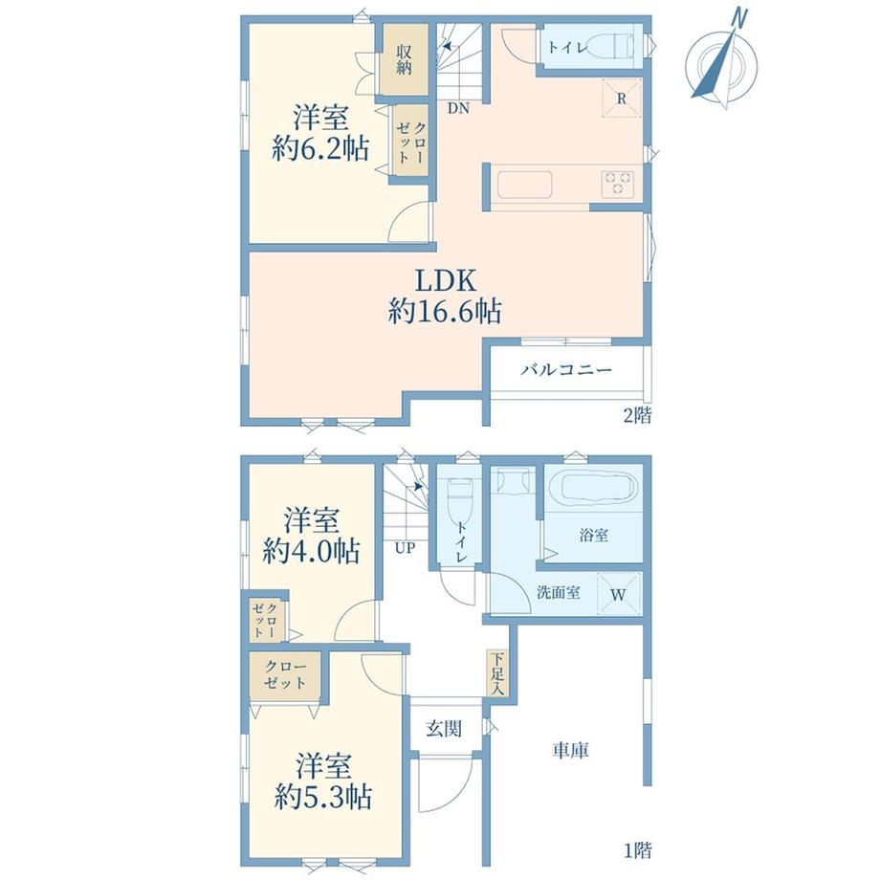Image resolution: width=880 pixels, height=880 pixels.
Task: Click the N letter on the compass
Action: tap(739, 19)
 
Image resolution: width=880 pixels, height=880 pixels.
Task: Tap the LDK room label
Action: tap(445, 279)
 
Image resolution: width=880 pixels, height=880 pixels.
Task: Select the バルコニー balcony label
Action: tap(565, 370)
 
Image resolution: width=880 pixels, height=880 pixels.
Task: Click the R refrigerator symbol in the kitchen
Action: tap(622, 99)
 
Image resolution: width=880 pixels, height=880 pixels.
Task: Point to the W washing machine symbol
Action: tap(619, 594)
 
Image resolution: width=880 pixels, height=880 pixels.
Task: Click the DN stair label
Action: tap(458, 109)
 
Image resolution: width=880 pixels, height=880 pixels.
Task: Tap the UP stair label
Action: tap(405, 547)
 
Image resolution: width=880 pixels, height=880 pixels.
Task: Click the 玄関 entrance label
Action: tap(444, 729)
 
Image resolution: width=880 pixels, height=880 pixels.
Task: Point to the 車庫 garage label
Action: tap(570, 750)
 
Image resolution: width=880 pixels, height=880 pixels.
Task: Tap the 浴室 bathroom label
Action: tap(594, 535)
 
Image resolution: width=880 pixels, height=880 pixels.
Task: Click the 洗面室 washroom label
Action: tap(558, 592)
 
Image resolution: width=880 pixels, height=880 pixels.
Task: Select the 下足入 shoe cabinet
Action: tap(497, 672)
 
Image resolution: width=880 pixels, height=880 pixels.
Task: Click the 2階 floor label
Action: tap(638, 415)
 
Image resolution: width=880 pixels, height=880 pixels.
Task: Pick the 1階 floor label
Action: tap(638, 850)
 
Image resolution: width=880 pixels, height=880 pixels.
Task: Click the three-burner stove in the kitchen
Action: tap(619, 183)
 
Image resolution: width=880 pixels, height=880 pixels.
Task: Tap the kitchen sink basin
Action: tap(524, 184)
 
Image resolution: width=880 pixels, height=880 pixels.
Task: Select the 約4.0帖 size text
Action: tap(311, 552)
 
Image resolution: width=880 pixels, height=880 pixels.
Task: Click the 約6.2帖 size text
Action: tap(320, 149)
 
